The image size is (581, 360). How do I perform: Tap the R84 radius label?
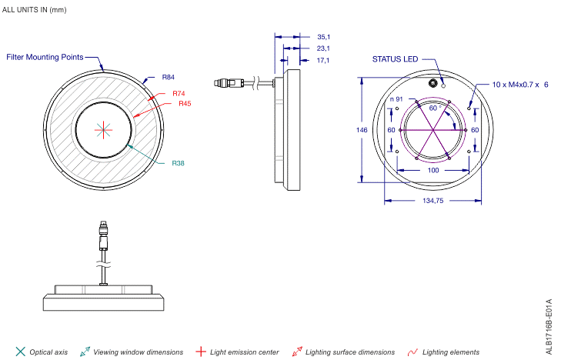168,78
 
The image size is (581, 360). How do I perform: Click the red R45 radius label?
185,104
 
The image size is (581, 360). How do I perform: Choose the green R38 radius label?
178,163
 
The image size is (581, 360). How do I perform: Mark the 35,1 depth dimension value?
323,36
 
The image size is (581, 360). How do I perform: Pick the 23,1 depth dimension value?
323,48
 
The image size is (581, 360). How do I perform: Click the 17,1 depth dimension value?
323,60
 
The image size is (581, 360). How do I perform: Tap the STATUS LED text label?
396,58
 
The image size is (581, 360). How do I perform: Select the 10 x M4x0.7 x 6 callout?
520,85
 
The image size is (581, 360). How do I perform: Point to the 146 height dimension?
362,130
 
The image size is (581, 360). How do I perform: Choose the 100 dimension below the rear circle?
433,170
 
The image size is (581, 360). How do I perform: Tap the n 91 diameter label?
396,99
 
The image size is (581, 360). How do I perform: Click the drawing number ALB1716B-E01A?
549,327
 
